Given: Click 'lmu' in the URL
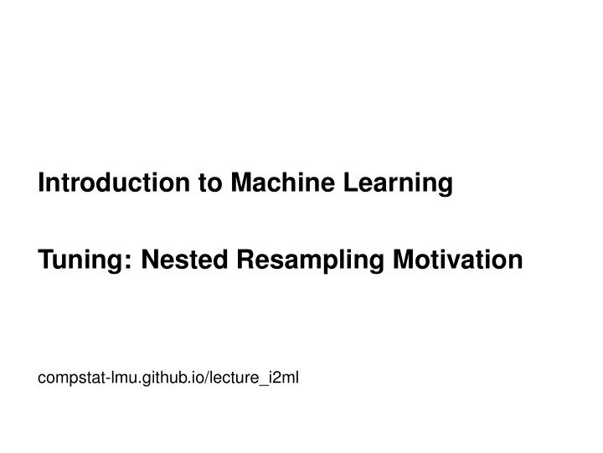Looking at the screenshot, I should tap(115, 378).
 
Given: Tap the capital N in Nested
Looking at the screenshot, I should tap(151, 260).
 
